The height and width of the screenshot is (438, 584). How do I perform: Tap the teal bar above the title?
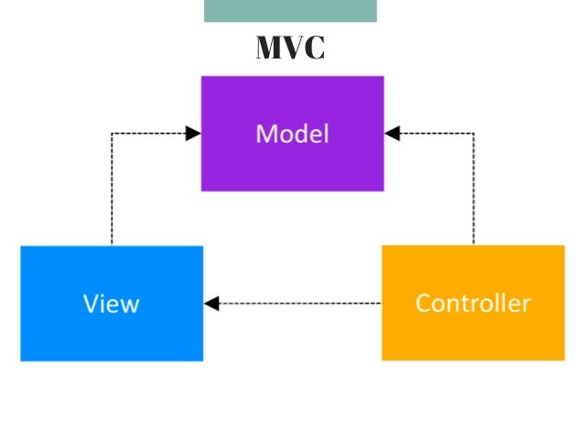pyautogui.click(x=290, y=10)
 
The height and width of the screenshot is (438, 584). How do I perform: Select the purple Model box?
pyautogui.click(x=292, y=134)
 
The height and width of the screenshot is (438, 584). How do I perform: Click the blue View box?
pyautogui.click(x=112, y=303)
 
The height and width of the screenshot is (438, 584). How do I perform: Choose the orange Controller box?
pyautogui.click(x=472, y=303)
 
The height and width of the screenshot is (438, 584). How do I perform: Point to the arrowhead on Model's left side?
pyautogui.click(x=193, y=134)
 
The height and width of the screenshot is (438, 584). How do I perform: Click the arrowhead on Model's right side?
pyautogui.click(x=392, y=134)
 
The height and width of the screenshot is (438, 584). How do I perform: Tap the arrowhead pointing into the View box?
pyautogui.click(x=211, y=304)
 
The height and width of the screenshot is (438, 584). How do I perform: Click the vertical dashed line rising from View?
pyautogui.click(x=112, y=192)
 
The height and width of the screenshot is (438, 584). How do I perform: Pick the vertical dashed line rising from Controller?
pyautogui.click(x=473, y=192)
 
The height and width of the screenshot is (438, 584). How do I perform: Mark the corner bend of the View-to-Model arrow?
pyautogui.click(x=112, y=134)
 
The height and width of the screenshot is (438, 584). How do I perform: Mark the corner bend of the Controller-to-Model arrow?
pyautogui.click(x=473, y=134)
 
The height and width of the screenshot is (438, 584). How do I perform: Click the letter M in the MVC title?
pyautogui.click(x=269, y=48)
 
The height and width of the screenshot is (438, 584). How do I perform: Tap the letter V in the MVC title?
pyautogui.click(x=294, y=48)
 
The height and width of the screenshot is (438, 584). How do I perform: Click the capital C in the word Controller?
pyautogui.click(x=423, y=303)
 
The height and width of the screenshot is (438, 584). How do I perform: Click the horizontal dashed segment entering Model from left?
pyautogui.click(x=151, y=134)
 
